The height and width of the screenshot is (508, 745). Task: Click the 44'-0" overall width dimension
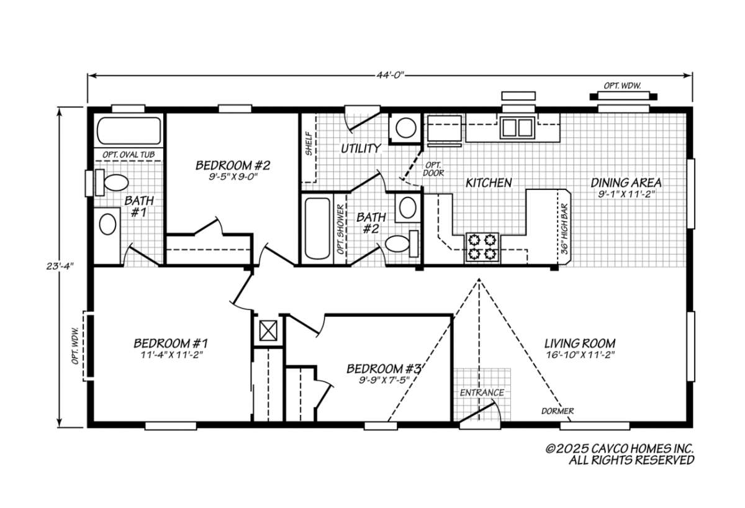click(x=390, y=75)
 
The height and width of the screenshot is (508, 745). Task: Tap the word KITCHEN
click(x=489, y=183)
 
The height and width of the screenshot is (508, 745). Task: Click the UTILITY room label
click(x=360, y=148)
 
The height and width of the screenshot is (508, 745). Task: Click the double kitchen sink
click(x=517, y=127)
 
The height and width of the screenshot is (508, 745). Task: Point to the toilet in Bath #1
click(x=115, y=183)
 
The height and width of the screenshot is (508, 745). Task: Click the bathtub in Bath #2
click(x=317, y=228)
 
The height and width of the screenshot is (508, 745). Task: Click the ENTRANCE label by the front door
click(x=482, y=392)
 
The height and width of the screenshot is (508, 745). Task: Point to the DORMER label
click(x=557, y=411)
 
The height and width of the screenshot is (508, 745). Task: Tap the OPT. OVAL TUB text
click(x=129, y=154)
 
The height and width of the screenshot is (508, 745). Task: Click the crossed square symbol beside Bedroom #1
click(x=268, y=330)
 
